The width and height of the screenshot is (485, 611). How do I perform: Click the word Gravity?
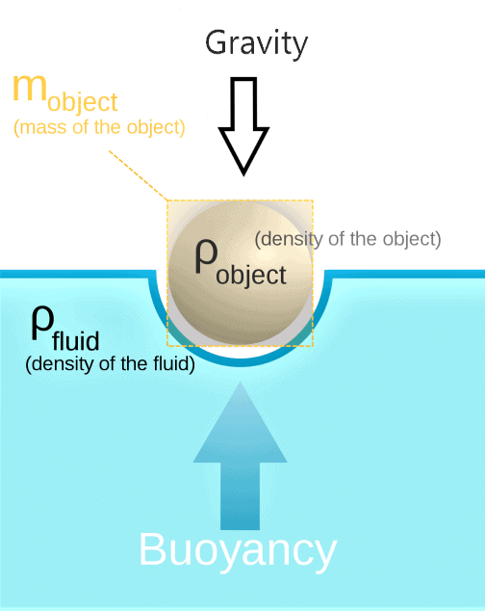click(x=256, y=44)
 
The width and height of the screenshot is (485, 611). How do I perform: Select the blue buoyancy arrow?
click(x=241, y=456)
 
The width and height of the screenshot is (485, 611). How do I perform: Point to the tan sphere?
click(x=241, y=273)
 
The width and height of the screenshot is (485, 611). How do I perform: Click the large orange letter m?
click(x=30, y=88)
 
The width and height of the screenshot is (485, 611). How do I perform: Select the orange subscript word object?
click(x=83, y=103)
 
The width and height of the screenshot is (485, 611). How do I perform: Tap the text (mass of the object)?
click(x=99, y=128)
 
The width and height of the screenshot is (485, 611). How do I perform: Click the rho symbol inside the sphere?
click(x=206, y=256)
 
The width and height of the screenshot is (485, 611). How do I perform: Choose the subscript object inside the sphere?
click(x=251, y=276)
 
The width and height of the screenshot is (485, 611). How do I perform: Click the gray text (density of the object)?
click(x=347, y=239)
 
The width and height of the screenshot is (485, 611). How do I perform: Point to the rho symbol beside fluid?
click(x=42, y=323)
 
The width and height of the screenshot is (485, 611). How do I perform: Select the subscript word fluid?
click(x=76, y=340)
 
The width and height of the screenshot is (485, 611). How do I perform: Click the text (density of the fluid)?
click(x=110, y=364)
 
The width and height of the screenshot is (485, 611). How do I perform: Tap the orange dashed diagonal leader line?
click(x=139, y=175)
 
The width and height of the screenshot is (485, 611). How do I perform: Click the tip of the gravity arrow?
click(x=243, y=175)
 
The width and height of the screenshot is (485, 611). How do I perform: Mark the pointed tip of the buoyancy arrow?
click(x=241, y=383)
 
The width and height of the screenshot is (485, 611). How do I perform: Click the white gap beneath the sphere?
click(x=241, y=352)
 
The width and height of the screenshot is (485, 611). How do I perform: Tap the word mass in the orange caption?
click(x=42, y=128)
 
